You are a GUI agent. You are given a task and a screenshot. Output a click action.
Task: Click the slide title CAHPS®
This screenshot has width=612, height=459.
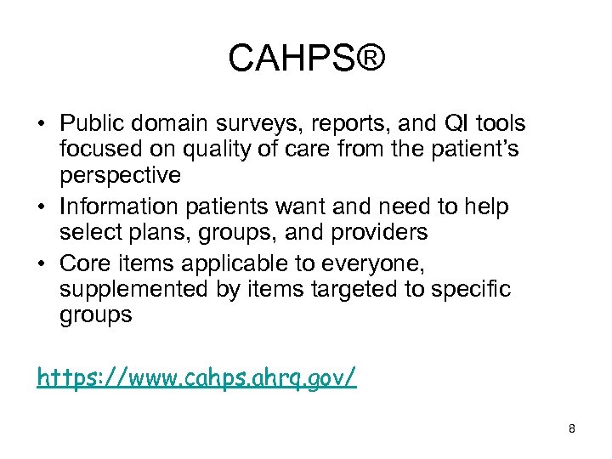(x=306, y=59)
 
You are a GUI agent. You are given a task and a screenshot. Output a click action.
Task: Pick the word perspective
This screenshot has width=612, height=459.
(x=121, y=177)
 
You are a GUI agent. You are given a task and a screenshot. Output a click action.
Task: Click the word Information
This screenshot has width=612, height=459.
(x=115, y=207)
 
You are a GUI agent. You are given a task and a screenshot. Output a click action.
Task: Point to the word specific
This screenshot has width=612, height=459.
(x=469, y=289)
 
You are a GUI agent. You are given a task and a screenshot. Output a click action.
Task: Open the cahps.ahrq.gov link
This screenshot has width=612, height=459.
(x=196, y=377)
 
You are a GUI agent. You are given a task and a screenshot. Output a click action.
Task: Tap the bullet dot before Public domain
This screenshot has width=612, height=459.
(x=42, y=125)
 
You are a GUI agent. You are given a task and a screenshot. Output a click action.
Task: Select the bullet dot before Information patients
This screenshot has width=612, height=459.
(x=42, y=207)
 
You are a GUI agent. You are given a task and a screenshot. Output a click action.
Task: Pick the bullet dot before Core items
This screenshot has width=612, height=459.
(x=42, y=263)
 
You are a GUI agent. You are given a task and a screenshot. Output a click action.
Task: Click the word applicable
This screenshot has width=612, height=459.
(x=219, y=263)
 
